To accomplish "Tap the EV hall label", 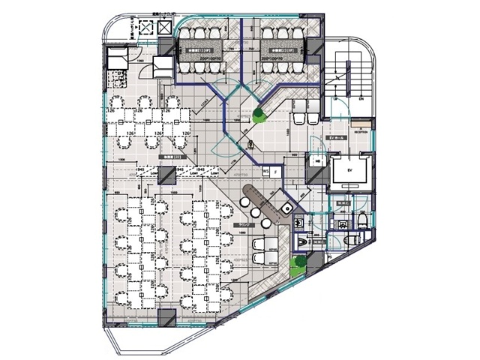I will (x=339, y=140).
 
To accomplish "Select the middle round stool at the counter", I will (x=255, y=212).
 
